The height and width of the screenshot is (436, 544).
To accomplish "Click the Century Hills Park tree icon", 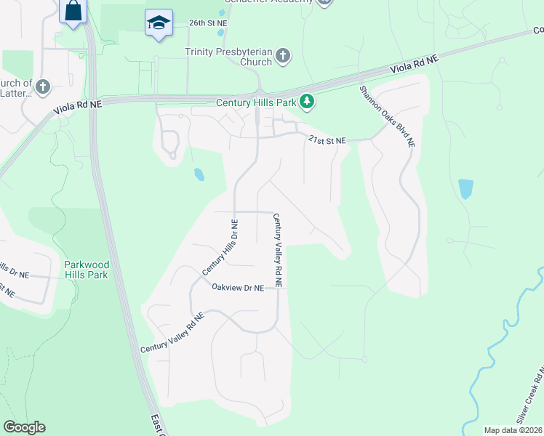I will (308, 102).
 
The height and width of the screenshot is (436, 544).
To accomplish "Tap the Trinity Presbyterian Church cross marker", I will (283, 56).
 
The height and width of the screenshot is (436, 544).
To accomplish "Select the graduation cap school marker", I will (158, 23).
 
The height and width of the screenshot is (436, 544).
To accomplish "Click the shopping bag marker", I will (73, 11).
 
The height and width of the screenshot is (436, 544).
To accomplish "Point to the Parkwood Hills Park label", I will (86, 270).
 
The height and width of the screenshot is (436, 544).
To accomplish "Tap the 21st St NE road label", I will (326, 140).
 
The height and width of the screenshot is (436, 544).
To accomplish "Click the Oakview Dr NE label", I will (237, 288).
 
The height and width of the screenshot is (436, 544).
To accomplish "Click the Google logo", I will (24, 427).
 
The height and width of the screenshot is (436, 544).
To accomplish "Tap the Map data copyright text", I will (513, 430).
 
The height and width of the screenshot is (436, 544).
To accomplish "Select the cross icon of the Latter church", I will (43, 87).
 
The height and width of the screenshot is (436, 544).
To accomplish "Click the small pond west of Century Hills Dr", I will (198, 174).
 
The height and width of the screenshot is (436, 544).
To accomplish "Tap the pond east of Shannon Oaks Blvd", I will (466, 189).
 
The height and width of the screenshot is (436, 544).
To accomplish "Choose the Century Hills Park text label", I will (256, 102).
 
